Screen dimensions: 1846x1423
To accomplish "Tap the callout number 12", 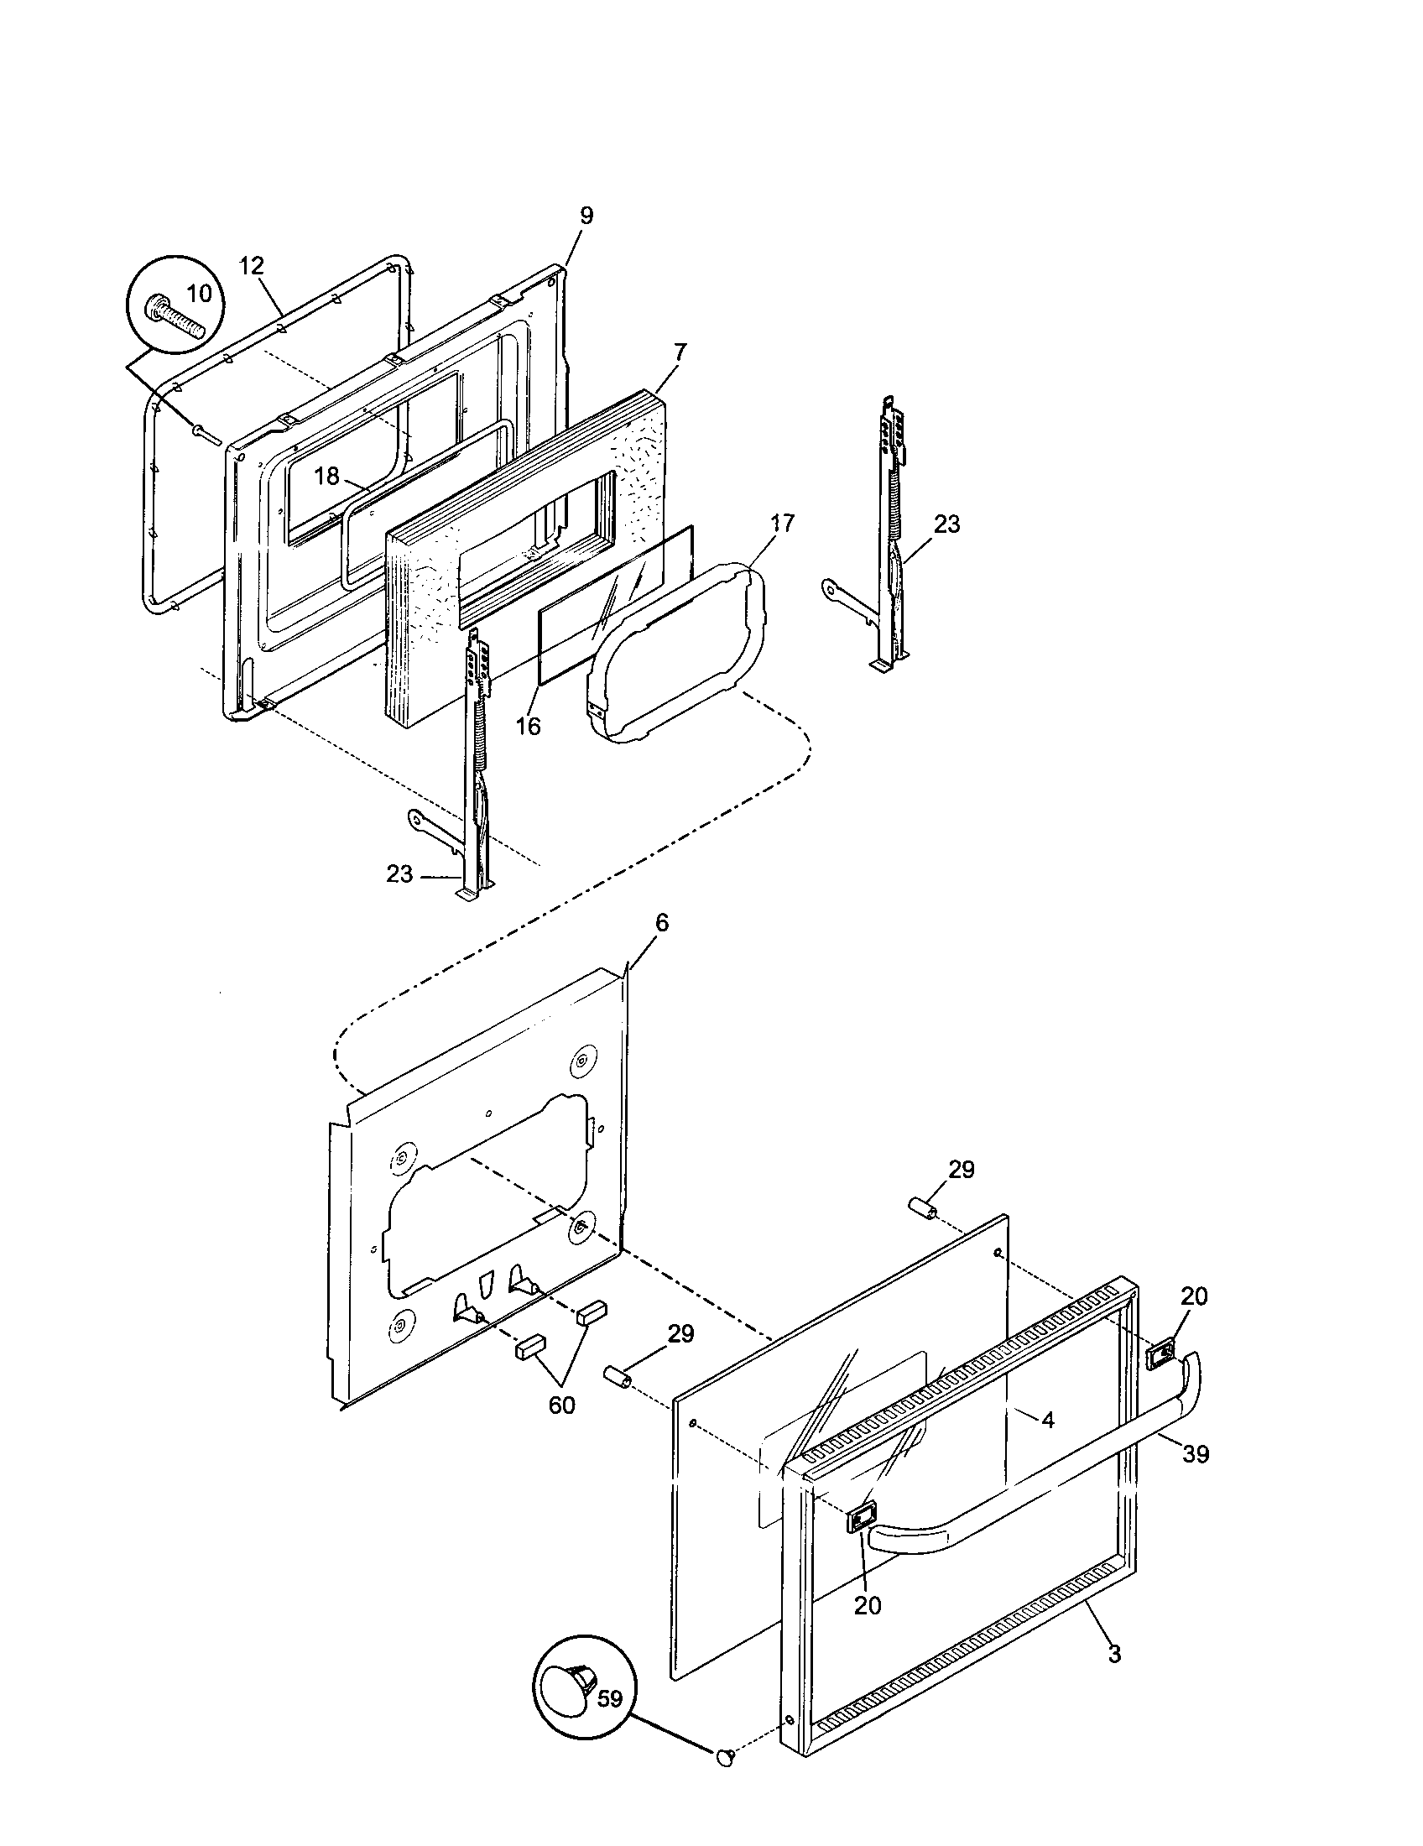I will point(251,265).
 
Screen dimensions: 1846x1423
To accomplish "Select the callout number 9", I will point(586,215).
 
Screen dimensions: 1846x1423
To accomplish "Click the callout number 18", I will point(326,476).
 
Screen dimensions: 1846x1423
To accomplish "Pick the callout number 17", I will point(783,524).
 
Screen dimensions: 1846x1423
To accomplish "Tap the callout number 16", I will point(528,725).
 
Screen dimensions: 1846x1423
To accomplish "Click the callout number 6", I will point(662,922).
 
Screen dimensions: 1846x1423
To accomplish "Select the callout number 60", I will point(561,1405).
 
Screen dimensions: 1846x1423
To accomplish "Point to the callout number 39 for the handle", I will point(1196,1454).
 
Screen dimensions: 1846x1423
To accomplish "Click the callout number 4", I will point(1048,1420).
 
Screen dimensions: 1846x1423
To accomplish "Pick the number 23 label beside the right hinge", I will point(947,524).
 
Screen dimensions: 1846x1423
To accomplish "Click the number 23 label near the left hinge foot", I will point(399,874).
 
